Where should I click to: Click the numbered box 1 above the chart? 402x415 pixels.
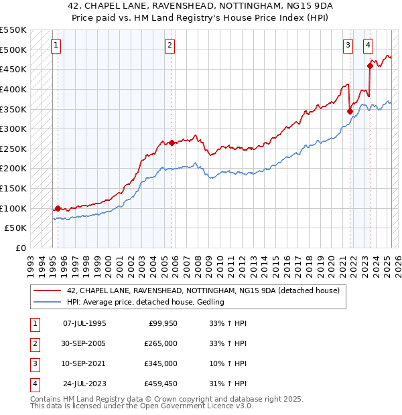[56, 46]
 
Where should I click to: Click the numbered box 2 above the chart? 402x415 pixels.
[170, 46]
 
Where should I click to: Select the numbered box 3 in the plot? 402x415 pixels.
[348, 46]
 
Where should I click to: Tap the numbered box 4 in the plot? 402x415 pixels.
[368, 46]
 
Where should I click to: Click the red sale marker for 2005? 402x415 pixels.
[172, 143]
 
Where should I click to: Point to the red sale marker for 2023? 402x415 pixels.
[370, 66]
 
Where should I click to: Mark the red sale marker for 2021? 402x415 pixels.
[350, 111]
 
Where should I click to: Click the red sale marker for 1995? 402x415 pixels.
[58, 208]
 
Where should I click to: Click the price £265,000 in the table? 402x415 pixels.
[161, 343]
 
